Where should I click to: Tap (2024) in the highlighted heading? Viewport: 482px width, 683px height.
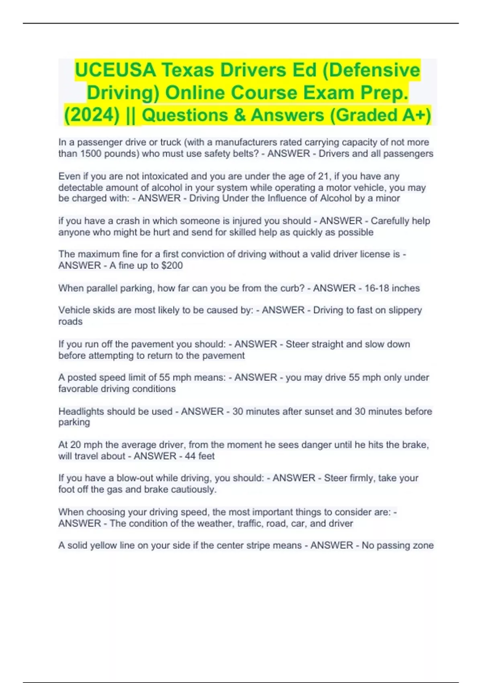pyautogui.click(x=92, y=115)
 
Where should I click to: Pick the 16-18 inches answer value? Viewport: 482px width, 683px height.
pyautogui.click(x=392, y=288)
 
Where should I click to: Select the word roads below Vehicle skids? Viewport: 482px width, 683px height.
pyautogui.click(x=70, y=321)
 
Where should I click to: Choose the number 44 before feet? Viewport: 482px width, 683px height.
pyautogui.click(x=190, y=456)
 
